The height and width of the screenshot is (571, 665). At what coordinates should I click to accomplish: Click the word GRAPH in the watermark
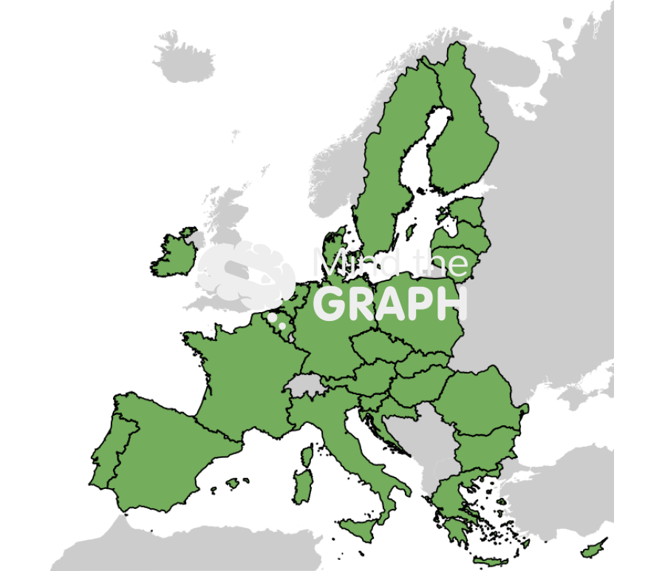click(390, 303)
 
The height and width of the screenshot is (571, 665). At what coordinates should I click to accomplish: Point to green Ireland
click(175, 255)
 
